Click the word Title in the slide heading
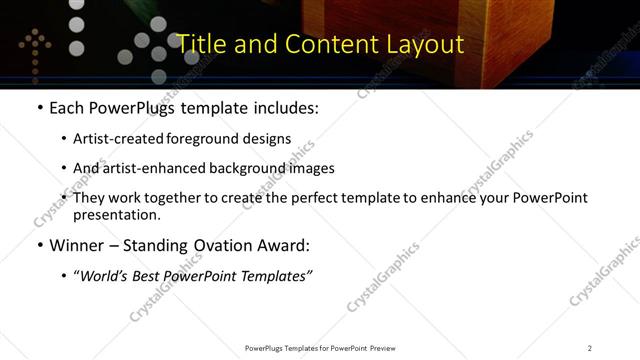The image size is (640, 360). [201, 44]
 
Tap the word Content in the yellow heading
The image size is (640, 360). [326, 44]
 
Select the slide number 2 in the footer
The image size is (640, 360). [590, 348]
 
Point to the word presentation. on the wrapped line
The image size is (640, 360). [117, 215]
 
